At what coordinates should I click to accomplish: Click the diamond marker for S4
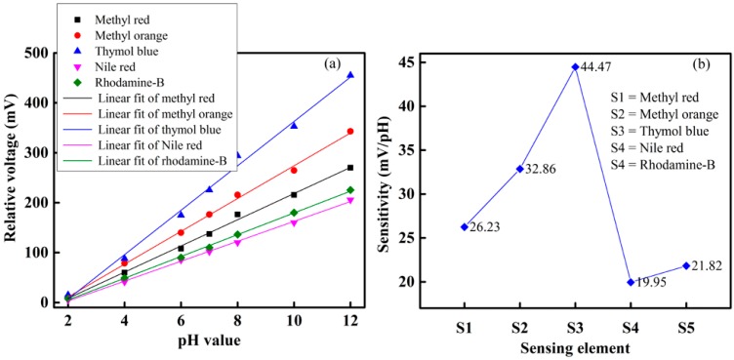[631, 282]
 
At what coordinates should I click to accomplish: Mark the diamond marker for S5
[686, 265]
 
